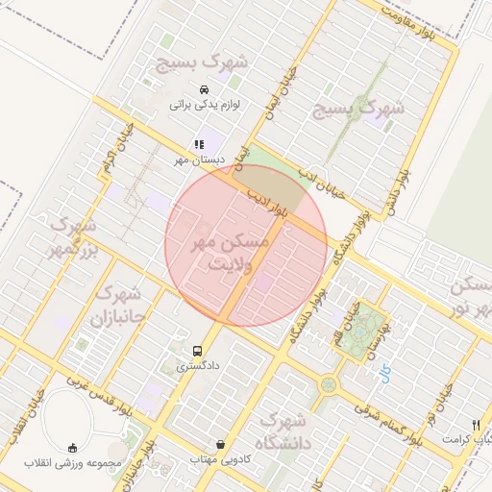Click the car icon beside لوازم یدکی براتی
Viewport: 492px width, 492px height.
click(204, 90)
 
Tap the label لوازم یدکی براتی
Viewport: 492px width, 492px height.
click(204, 104)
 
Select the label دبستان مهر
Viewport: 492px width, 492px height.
click(199, 159)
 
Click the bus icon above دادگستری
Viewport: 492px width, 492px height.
click(197, 351)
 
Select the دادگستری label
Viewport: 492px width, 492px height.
click(197, 365)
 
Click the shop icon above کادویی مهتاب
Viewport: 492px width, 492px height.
click(223, 445)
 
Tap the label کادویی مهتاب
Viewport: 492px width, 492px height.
click(223, 459)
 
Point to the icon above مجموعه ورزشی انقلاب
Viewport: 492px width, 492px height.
click(74, 448)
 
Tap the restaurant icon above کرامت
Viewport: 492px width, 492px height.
click(476, 424)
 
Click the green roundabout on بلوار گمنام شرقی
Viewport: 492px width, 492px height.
click(329, 384)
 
